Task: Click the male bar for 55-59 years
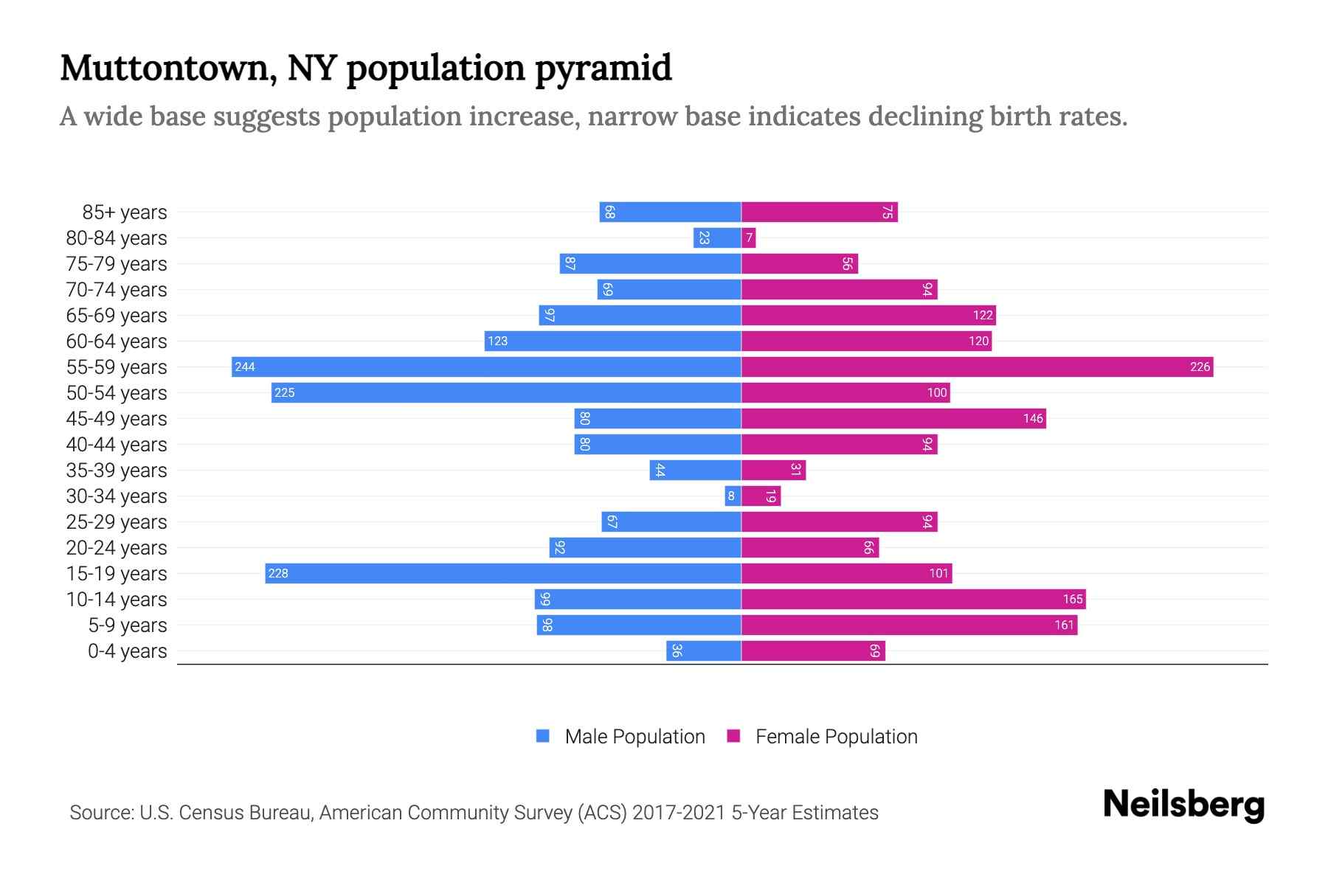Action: pyautogui.click(x=486, y=367)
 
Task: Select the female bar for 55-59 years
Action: pyautogui.click(x=977, y=367)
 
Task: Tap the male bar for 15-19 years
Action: pyautogui.click(x=503, y=573)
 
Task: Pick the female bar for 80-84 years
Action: pyautogui.click(x=748, y=237)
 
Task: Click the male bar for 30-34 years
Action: pyautogui.click(x=733, y=496)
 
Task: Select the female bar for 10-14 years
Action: pyautogui.click(x=913, y=599)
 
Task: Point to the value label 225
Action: pyautogui.click(x=284, y=392)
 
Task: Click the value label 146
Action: pyautogui.click(x=1033, y=418)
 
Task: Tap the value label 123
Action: pyautogui.click(x=497, y=341)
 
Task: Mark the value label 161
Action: pyautogui.click(x=1064, y=625)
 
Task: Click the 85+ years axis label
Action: pyautogui.click(x=125, y=212)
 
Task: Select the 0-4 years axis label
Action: pyautogui.click(x=127, y=651)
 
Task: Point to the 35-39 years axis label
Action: pyautogui.click(x=117, y=471)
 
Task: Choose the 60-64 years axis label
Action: pyautogui.click(x=117, y=341)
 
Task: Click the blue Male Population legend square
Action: pyautogui.click(x=543, y=736)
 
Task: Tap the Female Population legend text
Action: pyautogui.click(x=836, y=737)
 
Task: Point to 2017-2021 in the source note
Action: pyautogui.click(x=679, y=813)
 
